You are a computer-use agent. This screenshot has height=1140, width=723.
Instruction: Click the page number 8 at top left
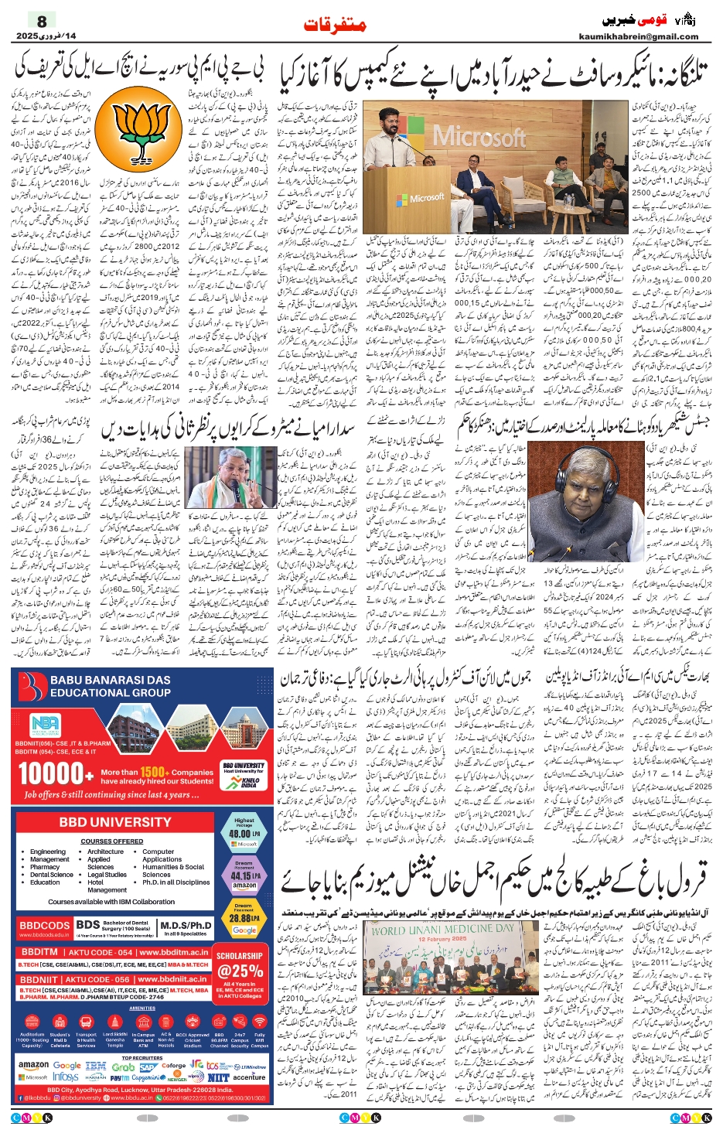pos(42,21)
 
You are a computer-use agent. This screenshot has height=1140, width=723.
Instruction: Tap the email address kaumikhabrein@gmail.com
pos(639,36)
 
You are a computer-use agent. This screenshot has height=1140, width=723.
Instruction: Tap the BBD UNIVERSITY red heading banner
pos(114,822)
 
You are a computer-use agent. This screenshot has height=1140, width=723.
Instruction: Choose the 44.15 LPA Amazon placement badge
pos(244,879)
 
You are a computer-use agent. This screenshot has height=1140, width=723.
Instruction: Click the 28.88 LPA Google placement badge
pos(244,919)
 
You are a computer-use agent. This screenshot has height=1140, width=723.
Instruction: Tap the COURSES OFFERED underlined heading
pos(112,841)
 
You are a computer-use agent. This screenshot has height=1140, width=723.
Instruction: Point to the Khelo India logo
pos(249,783)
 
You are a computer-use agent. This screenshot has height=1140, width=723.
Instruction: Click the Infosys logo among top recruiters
pos(65,1077)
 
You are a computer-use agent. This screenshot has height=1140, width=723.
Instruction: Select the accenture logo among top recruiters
pos(249,1077)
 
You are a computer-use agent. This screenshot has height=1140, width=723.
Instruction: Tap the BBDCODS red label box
pos(45,925)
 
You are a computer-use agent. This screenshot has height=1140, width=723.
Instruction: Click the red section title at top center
pos(335,25)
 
